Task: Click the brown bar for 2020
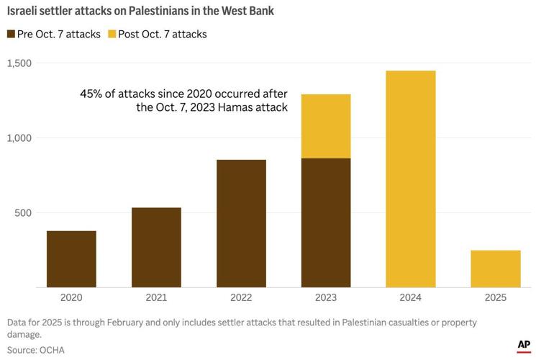pos(71,259)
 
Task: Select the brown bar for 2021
pos(156,248)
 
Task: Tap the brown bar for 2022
pos(241,223)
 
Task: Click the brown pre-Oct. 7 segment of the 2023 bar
pos(326,223)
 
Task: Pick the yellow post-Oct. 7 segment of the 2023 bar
pos(326,126)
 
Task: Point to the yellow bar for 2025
pos(496,269)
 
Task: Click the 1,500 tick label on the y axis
pos(22,63)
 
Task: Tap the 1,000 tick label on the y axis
pos(22,138)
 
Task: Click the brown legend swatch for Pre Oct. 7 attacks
pos(11,34)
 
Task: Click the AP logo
pos(523,346)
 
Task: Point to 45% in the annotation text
pos(92,94)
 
